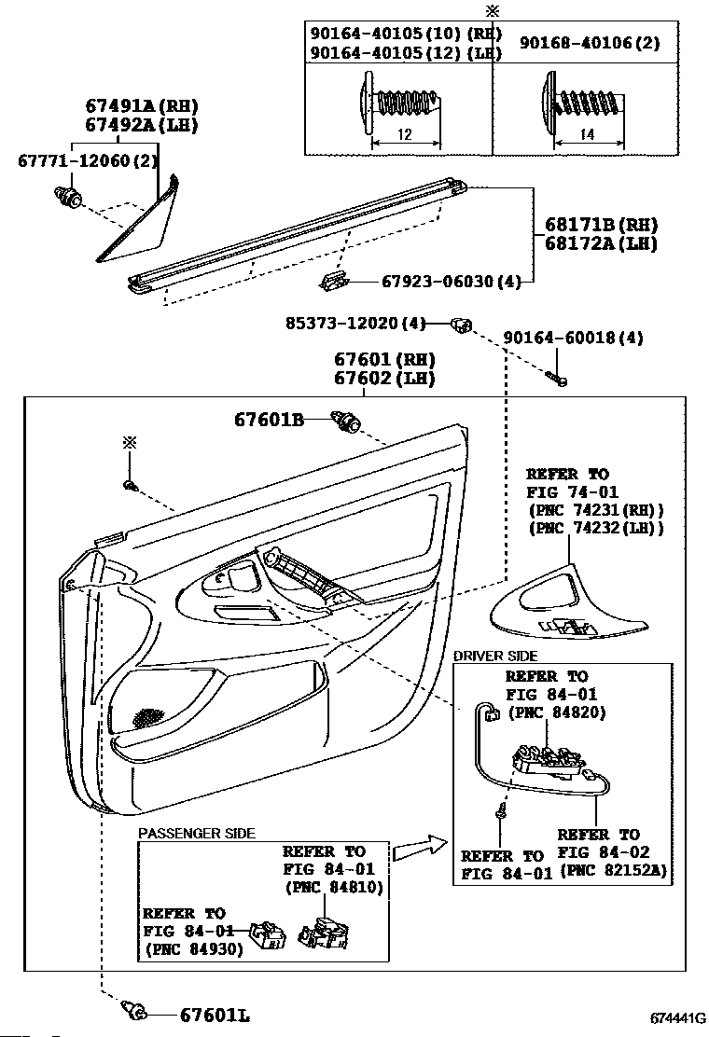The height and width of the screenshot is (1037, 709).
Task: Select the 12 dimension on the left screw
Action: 405,135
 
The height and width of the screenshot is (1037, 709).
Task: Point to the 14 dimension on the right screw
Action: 587,135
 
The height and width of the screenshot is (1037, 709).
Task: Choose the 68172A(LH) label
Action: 602,244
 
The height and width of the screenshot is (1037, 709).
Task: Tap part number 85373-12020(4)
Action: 355,324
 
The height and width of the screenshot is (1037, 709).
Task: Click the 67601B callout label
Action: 269,421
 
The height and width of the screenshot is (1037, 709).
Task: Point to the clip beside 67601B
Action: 348,422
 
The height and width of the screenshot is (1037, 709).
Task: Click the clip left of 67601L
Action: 135,1009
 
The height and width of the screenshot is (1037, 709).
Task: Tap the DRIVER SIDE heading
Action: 495,657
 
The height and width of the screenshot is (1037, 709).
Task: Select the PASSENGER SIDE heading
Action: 196,833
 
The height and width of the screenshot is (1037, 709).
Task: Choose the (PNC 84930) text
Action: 194,949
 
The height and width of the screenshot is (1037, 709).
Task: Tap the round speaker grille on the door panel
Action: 147,718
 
